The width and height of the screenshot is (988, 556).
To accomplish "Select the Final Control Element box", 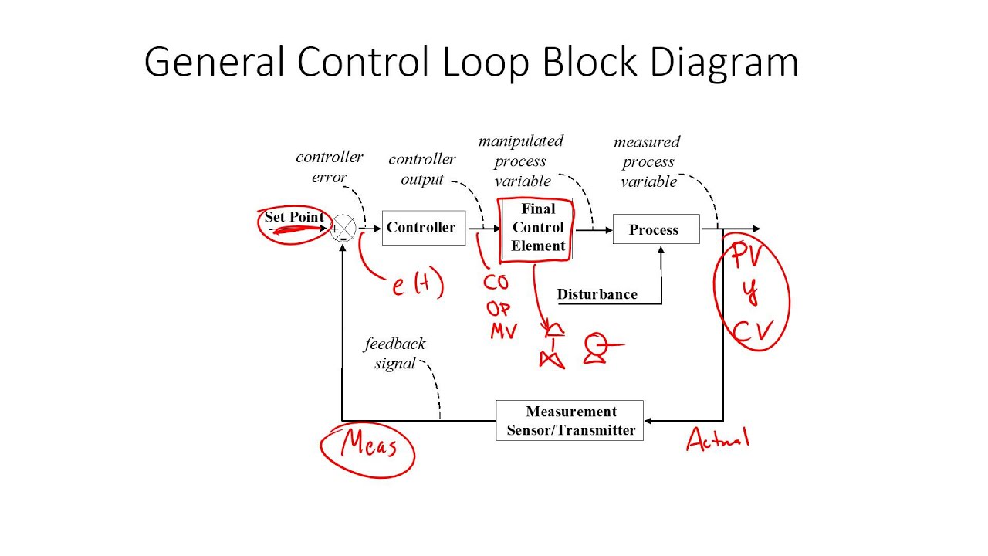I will click(x=537, y=228).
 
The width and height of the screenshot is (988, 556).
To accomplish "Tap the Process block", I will click(x=655, y=229).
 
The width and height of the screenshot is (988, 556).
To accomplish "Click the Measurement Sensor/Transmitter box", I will click(x=570, y=421).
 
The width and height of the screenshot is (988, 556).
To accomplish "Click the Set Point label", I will click(x=294, y=217).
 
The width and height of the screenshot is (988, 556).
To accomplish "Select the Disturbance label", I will click(x=597, y=294).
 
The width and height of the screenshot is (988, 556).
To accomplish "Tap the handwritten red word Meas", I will click(x=368, y=446).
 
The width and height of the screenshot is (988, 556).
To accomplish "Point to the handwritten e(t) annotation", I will click(x=417, y=286).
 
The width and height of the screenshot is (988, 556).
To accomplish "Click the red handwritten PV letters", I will click(x=747, y=256).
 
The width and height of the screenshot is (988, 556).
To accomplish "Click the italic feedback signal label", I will click(x=394, y=354).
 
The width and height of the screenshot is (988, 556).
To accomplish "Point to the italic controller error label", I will click(x=329, y=167).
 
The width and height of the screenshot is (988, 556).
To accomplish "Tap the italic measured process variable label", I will click(x=648, y=161).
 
